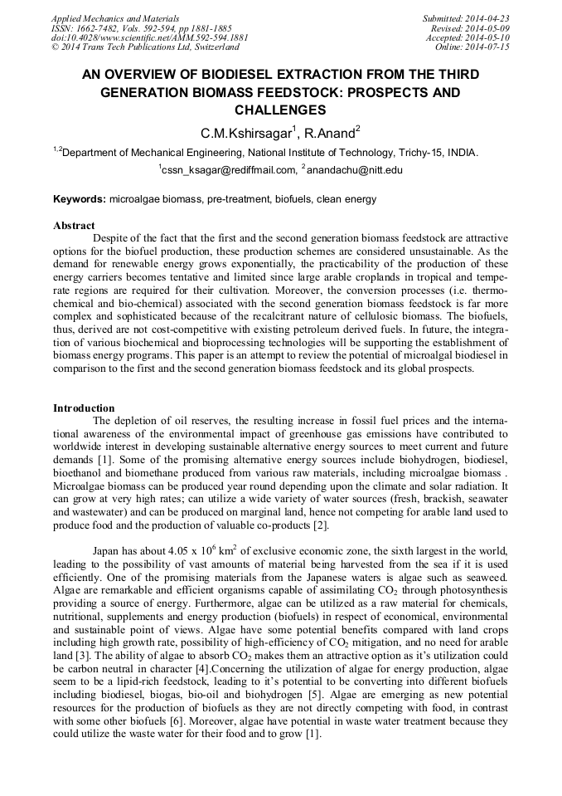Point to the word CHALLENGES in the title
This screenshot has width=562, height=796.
click(280, 110)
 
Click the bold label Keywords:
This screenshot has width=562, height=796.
click(79, 199)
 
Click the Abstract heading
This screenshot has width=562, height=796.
click(74, 226)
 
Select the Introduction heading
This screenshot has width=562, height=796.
click(84, 408)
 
